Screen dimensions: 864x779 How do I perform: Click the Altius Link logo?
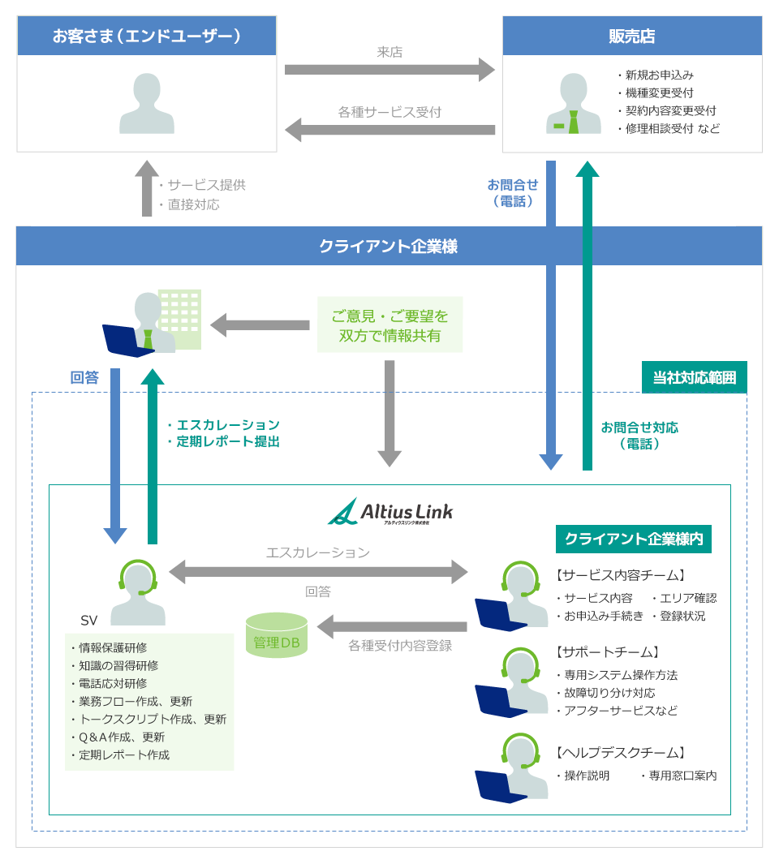(390, 512)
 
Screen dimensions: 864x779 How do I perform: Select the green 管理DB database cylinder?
(277, 634)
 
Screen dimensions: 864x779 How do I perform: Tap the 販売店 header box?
(632, 36)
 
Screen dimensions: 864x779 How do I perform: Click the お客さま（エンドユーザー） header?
(147, 36)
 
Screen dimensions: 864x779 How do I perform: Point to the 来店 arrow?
(389, 70)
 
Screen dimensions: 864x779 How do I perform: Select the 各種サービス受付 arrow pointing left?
(389, 129)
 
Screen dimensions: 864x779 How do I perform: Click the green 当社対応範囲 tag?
(694, 377)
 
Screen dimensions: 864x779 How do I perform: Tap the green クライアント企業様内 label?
(633, 539)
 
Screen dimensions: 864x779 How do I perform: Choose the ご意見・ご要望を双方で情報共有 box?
(389, 325)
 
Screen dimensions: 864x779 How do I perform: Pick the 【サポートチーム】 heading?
(609, 651)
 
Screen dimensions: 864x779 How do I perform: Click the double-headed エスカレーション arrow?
(318, 571)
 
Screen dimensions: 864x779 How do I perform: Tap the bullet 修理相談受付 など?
(668, 128)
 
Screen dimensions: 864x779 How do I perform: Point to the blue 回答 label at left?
(84, 377)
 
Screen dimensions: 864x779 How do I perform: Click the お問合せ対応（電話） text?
(639, 436)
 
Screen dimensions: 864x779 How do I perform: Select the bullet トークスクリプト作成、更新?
(148, 719)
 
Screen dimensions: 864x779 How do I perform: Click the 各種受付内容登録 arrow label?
(399, 646)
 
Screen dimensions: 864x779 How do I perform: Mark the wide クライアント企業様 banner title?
(389, 246)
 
